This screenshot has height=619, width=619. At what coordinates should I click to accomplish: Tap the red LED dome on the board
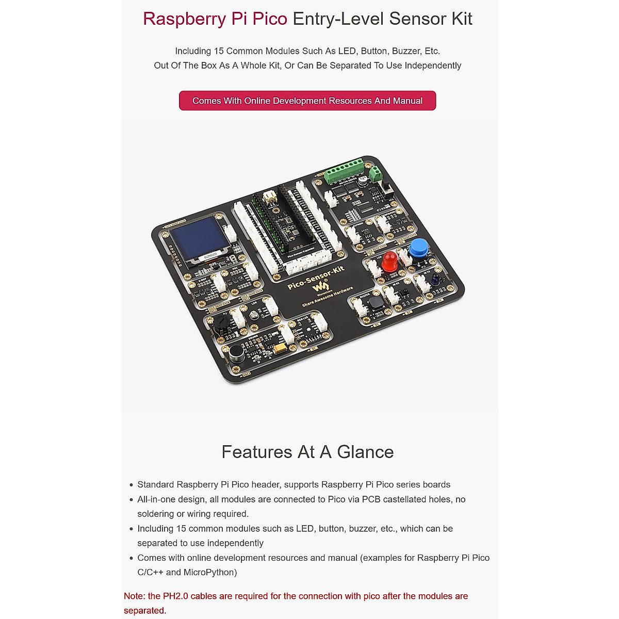[x=389, y=262]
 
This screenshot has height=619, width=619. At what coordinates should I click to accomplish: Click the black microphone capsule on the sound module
[x=236, y=353]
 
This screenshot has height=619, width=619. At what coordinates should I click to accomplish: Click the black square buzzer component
[x=377, y=303]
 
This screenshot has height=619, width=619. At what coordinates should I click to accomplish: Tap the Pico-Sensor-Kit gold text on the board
[x=315, y=278]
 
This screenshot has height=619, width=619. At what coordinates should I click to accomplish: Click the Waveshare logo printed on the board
[x=321, y=287]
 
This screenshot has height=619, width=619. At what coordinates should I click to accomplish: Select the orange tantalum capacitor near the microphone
[x=280, y=349]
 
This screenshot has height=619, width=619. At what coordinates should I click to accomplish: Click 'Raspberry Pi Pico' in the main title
[x=215, y=19]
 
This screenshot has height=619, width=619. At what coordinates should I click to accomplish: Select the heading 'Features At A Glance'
[x=307, y=452]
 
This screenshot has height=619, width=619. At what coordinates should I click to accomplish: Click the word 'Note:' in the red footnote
[x=134, y=596]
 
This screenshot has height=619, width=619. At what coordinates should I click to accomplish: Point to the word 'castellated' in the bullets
[x=405, y=499]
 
